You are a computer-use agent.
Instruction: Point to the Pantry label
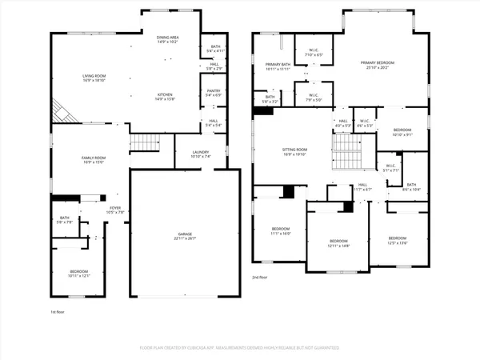point(213,93)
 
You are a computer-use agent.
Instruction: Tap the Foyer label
point(115,210)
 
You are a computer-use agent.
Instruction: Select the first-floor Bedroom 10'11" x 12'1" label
point(78,273)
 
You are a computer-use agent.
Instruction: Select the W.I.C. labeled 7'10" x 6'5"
point(314,53)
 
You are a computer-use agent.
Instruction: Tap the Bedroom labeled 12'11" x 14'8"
point(339,243)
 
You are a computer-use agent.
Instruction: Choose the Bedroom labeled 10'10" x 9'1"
point(402,132)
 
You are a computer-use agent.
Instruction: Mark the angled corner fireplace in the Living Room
point(62,111)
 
